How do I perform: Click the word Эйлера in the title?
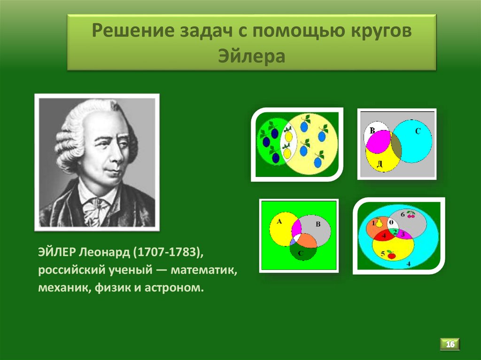click(251, 57)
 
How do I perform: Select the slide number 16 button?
click(450, 344)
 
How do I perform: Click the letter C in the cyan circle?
click(417, 132)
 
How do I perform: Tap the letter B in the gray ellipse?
click(318, 224)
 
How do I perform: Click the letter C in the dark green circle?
click(301, 254)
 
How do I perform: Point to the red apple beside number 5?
click(391, 255)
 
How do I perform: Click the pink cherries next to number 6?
click(411, 214)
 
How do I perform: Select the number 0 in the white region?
click(390, 222)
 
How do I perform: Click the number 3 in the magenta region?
click(403, 233)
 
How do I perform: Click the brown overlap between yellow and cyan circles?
click(396, 146)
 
